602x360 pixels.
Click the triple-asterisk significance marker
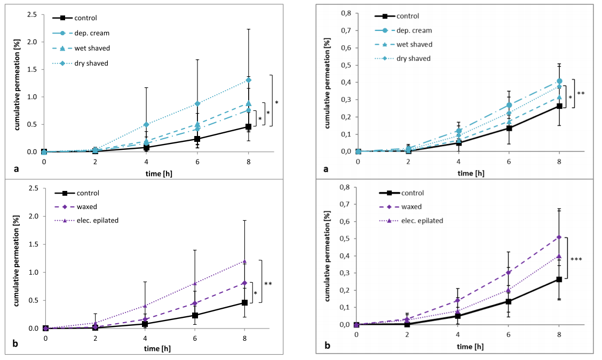pyautogui.click(x=576, y=260)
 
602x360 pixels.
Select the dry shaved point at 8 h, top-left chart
pyautogui.click(x=249, y=80)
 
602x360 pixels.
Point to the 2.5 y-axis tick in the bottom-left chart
pyautogui.click(x=34, y=188)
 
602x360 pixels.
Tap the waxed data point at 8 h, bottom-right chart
pyautogui.click(x=559, y=237)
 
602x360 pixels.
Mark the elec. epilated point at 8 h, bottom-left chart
pyautogui.click(x=244, y=261)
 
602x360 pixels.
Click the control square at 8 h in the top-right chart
pyautogui.click(x=559, y=106)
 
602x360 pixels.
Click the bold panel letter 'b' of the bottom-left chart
pyautogui.click(x=15, y=343)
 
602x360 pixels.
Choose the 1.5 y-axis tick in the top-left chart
pyautogui.click(x=34, y=69)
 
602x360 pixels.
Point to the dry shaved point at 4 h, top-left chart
pyautogui.click(x=146, y=124)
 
